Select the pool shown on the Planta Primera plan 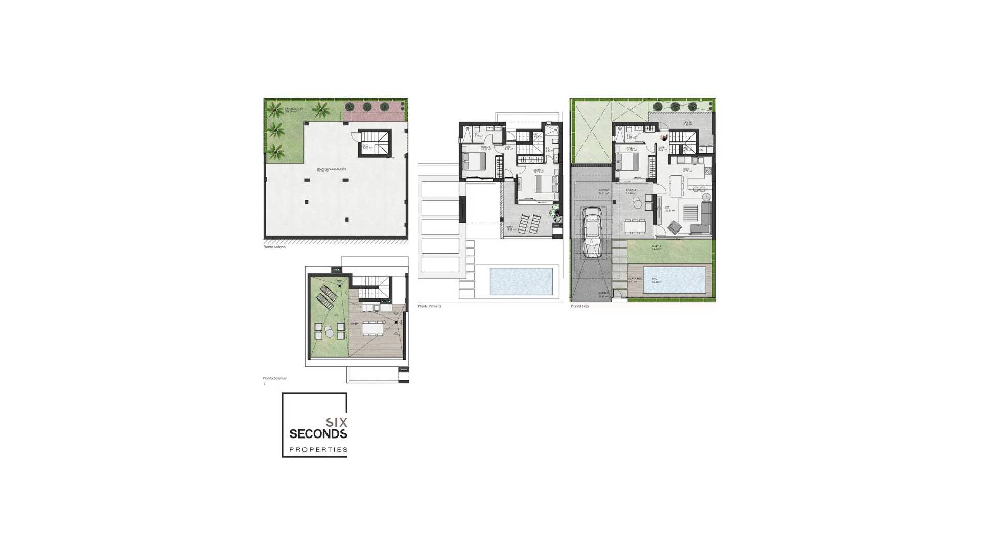[522, 281]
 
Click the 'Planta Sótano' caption [274, 247]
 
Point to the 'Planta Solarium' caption [275, 378]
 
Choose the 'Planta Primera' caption [429, 306]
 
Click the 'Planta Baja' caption [579, 306]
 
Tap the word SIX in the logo [337, 423]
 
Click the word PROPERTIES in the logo [318, 450]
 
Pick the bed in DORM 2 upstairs [472, 162]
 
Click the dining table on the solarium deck [372, 328]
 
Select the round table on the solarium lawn [330, 332]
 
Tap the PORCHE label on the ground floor [630, 191]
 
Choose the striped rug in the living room [690, 211]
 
